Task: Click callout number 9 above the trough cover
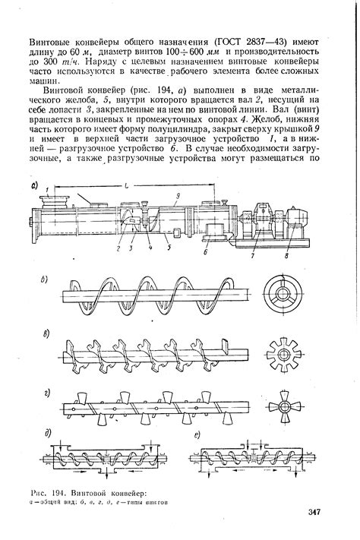(x=175, y=194)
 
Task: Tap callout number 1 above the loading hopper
(x=47, y=188)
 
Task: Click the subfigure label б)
(x=45, y=278)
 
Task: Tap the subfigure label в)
(x=46, y=333)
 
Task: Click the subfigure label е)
(x=197, y=435)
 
